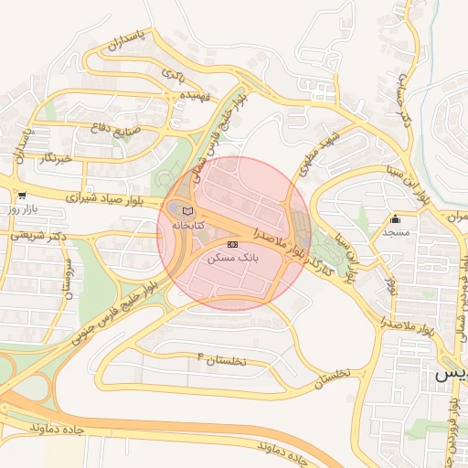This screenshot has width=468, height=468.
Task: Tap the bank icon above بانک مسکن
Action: coord(232,245)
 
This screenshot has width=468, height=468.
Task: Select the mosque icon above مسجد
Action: coord(395,219)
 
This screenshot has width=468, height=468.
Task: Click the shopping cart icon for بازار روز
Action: coord(21,196)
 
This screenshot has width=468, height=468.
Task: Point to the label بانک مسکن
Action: coord(234,259)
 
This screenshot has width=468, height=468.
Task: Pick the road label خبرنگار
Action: coord(57,158)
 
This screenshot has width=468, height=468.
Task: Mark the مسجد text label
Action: coord(395,234)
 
